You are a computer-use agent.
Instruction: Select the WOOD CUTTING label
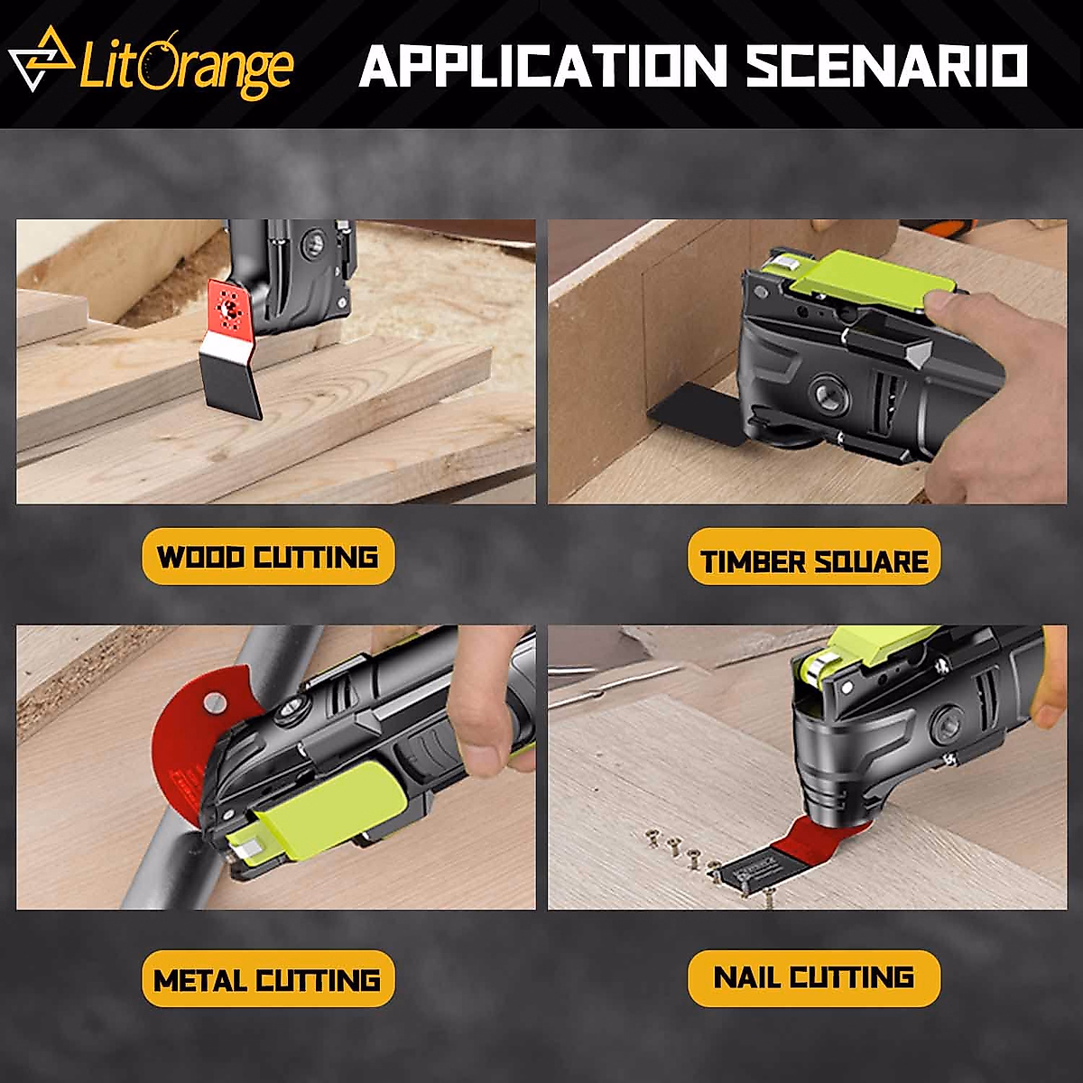(x=268, y=557)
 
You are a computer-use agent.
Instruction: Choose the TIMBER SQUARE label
(x=814, y=560)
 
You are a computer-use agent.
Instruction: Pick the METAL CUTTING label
(x=268, y=980)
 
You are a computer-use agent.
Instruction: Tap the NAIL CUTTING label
(x=814, y=977)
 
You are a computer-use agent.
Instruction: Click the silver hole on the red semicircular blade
(x=213, y=700)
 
